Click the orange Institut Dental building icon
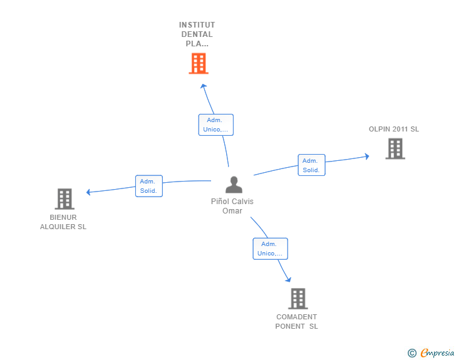pyautogui.click(x=198, y=63)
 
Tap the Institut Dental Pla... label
pyautogui.click(x=197, y=34)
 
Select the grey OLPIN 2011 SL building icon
pyautogui.click(x=395, y=148)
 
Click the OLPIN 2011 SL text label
pyautogui.click(x=393, y=130)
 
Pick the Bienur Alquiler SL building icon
pyautogui.click(x=64, y=198)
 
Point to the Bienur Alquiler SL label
pyautogui.click(x=63, y=222)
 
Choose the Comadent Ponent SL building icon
pyautogui.click(x=298, y=299)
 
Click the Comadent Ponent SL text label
pyautogui.click(x=297, y=322)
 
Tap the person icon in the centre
pyautogui.click(x=233, y=185)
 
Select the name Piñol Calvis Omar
pyautogui.click(x=232, y=206)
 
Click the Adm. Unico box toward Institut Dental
pyautogui.click(x=216, y=125)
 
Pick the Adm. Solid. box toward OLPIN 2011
pyautogui.click(x=311, y=165)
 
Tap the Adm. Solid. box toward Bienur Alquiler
pyautogui.click(x=149, y=186)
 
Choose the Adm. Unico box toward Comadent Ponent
pyautogui.click(x=270, y=249)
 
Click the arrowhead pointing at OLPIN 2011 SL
pyautogui.click(x=366, y=157)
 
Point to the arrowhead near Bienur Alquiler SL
pyautogui.click(x=89, y=192)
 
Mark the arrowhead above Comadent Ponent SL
pyautogui.click(x=288, y=279)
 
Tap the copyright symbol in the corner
pyautogui.click(x=412, y=353)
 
